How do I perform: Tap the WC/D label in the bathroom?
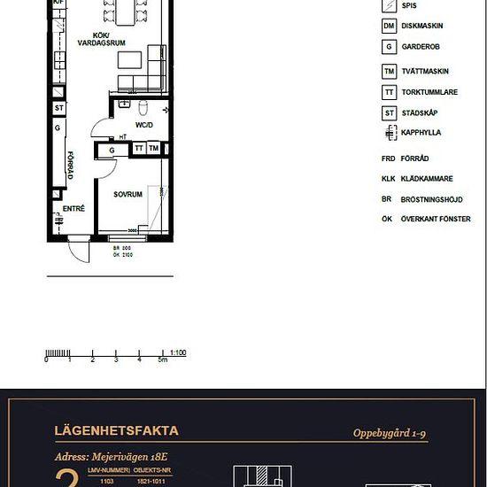144,125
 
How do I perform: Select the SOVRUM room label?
128,193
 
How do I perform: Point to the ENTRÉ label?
73,209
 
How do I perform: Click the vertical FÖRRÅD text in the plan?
69,165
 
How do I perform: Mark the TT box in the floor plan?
139,149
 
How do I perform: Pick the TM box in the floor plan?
154,149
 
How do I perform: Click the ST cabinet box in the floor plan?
59,109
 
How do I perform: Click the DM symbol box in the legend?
388,26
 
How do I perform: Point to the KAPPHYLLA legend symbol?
388,133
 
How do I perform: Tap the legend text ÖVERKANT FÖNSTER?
437,219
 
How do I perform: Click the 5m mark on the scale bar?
162,360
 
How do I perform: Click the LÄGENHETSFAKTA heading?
117,431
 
